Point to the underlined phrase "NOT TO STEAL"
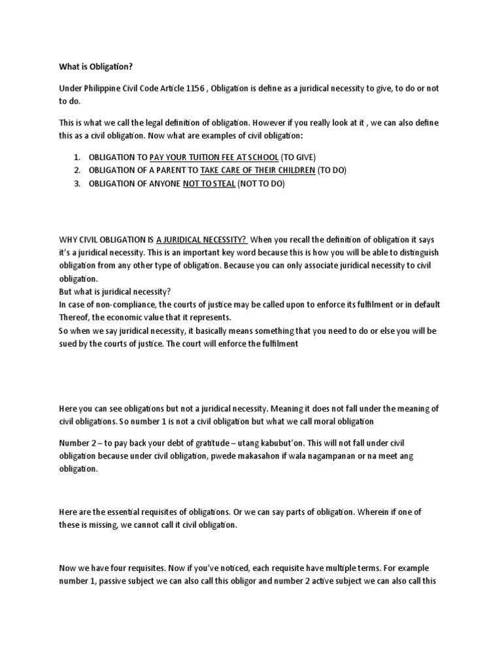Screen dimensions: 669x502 pyautogui.click(x=209, y=184)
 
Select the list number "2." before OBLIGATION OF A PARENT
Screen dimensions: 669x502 pyautogui.click(x=76, y=171)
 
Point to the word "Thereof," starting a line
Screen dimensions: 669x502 pyautogui.click(x=76, y=318)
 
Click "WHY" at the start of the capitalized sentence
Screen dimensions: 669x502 pyautogui.click(x=69, y=240)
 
